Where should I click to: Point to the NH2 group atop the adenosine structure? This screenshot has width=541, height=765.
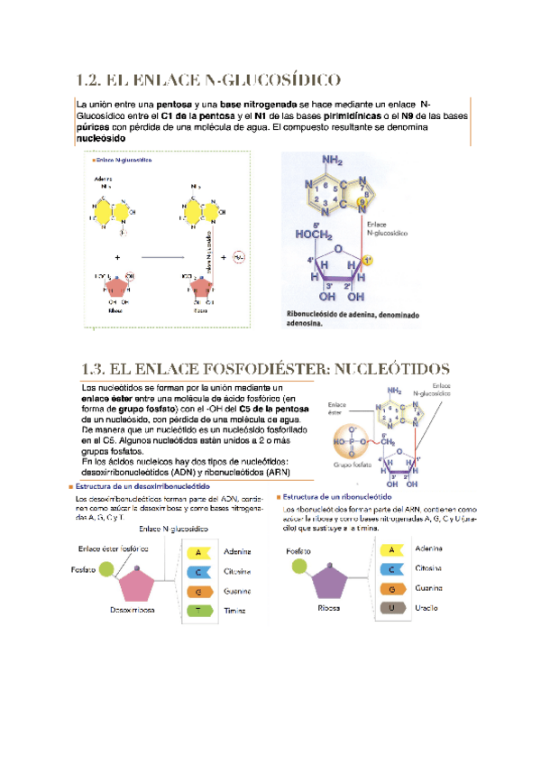tap(332, 161)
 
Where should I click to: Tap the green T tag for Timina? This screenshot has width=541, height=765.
tap(200, 611)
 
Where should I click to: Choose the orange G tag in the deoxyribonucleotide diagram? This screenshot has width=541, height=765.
tap(200, 592)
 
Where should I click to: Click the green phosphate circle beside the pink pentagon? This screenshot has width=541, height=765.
tap(107, 568)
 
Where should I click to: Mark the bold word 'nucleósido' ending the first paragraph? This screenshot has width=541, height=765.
tap(101, 140)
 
